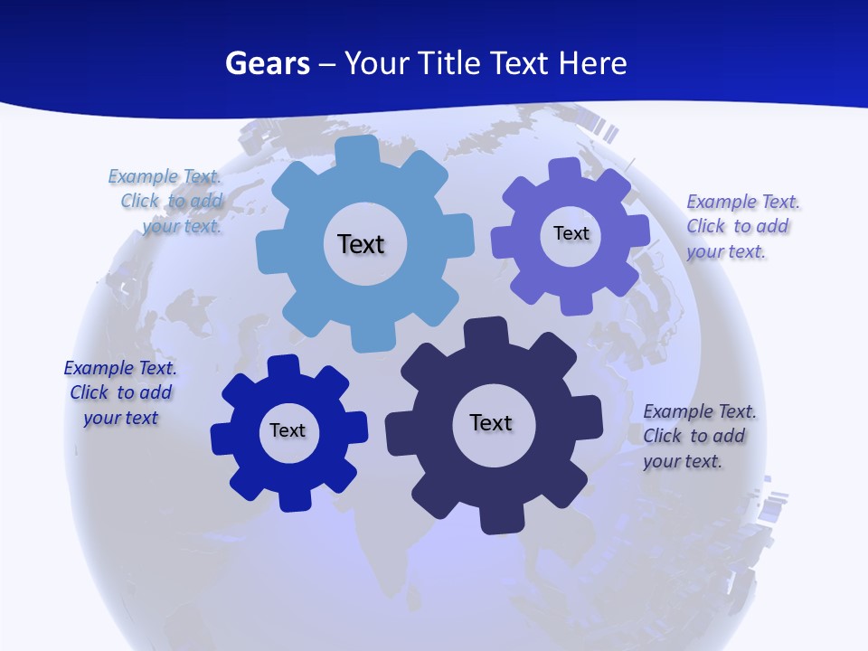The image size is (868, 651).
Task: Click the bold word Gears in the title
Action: pos(268,63)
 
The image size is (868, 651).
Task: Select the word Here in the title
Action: pos(592,63)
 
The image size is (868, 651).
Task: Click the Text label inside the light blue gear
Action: pos(361,244)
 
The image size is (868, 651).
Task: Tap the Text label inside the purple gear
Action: pos(571,233)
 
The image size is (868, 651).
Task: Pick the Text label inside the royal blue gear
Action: pos(288,430)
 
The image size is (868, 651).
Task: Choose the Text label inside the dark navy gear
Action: pos(491,422)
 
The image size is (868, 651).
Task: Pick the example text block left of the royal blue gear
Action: pos(120,392)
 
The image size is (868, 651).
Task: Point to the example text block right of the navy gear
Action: pos(698,436)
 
